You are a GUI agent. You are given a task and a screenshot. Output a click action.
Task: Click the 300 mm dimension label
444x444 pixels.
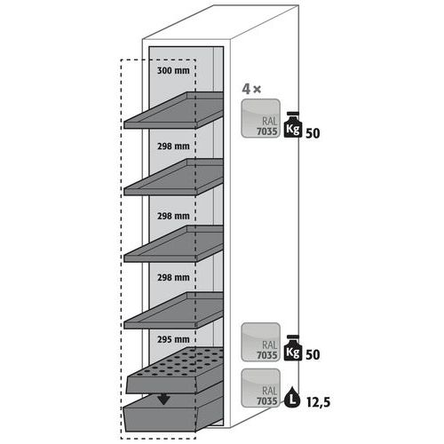(x=173, y=71)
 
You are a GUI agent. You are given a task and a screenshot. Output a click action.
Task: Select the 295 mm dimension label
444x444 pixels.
(x=173, y=339)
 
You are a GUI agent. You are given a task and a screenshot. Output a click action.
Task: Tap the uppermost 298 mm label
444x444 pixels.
(x=173, y=146)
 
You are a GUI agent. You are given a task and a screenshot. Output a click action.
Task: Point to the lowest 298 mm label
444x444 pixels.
(x=173, y=277)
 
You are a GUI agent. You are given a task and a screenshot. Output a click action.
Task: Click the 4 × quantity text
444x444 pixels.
(x=251, y=89)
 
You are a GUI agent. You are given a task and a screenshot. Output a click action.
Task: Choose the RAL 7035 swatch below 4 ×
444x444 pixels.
(x=260, y=118)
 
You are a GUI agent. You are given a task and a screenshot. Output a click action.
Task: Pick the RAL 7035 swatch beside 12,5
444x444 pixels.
(x=260, y=388)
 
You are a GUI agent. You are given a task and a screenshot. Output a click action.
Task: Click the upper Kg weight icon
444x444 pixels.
(x=293, y=125)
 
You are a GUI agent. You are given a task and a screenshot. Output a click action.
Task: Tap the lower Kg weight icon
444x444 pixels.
(x=293, y=348)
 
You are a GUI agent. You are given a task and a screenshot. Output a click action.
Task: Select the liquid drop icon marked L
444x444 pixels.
(x=292, y=398)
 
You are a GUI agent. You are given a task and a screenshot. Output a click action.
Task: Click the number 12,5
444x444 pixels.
(x=318, y=402)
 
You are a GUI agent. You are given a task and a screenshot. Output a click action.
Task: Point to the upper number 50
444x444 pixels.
(x=313, y=133)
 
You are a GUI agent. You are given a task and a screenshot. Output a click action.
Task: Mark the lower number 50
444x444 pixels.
(x=313, y=354)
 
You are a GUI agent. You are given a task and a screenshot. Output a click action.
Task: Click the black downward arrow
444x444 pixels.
(x=163, y=400)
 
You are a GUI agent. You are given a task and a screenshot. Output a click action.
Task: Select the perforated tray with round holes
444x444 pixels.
(x=175, y=370)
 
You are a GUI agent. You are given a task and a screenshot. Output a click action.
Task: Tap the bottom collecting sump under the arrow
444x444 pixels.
(x=174, y=413)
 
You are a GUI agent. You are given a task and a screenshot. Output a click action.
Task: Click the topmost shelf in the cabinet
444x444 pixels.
(x=173, y=110)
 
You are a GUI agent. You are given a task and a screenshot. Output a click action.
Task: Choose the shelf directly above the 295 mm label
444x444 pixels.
(x=173, y=310)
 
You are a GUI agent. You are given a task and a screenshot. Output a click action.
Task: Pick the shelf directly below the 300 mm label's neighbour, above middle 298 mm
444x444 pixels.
(x=173, y=177)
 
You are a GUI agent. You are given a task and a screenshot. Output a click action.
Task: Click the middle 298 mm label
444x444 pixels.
(x=173, y=216)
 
